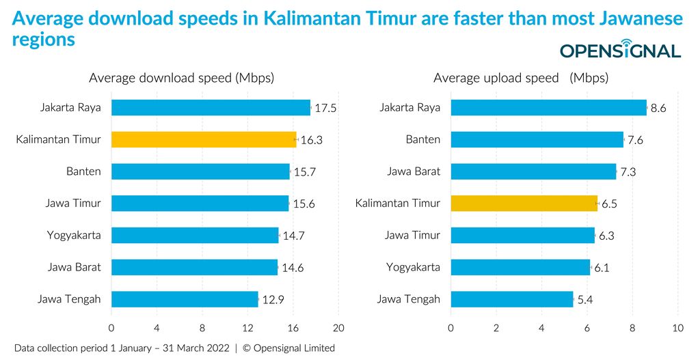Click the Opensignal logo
click(x=620, y=51)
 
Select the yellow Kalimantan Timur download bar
click(x=204, y=139)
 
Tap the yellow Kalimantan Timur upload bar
click(x=524, y=203)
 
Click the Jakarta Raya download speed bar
click(x=211, y=107)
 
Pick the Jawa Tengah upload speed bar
click(x=512, y=299)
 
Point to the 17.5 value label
click(x=325, y=108)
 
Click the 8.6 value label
click(x=658, y=108)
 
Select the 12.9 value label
click(x=273, y=300)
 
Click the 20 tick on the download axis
click(x=338, y=327)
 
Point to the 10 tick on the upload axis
click(x=677, y=327)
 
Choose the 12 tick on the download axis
click(x=247, y=327)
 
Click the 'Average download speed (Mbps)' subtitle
click(x=181, y=78)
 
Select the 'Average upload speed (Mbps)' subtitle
click(x=520, y=78)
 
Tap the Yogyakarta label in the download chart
click(x=74, y=235)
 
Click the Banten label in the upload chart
click(x=422, y=139)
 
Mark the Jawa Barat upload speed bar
click(x=533, y=171)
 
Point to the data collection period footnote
click(x=174, y=348)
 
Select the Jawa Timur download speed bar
click(x=200, y=203)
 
